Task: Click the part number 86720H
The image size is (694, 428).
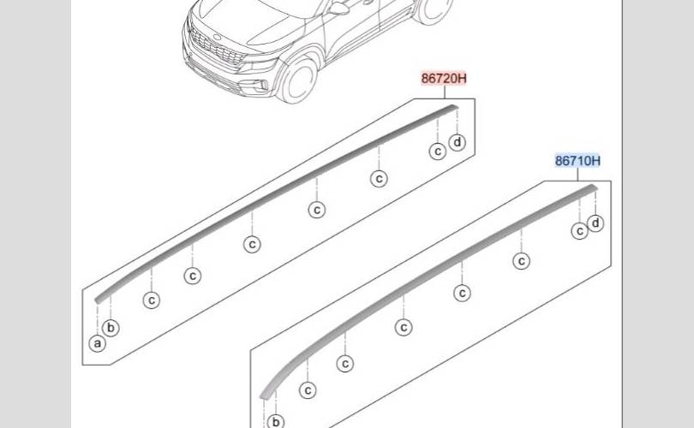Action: [x=444, y=79]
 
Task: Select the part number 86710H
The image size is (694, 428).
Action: [x=577, y=161]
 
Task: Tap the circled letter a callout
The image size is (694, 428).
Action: [x=98, y=343]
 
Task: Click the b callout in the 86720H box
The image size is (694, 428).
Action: [x=111, y=328]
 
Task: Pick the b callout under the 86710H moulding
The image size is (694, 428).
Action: [x=276, y=422]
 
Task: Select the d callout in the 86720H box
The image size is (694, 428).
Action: [x=458, y=142]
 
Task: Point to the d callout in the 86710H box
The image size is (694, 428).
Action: [x=595, y=223]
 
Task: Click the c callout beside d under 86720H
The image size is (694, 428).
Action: [x=438, y=152]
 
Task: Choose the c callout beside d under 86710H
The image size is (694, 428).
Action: [x=580, y=231]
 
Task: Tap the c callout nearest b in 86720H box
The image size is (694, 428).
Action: [x=152, y=300]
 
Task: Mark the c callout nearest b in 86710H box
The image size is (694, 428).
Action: [x=308, y=390]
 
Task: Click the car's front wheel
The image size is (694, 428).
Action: [x=299, y=80]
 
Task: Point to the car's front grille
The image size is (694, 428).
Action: [x=218, y=48]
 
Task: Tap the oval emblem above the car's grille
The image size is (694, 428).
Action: [x=217, y=37]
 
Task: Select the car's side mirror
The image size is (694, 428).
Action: [x=338, y=8]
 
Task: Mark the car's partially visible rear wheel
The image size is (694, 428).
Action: [x=433, y=10]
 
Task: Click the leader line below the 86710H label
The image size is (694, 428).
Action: [x=577, y=175]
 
